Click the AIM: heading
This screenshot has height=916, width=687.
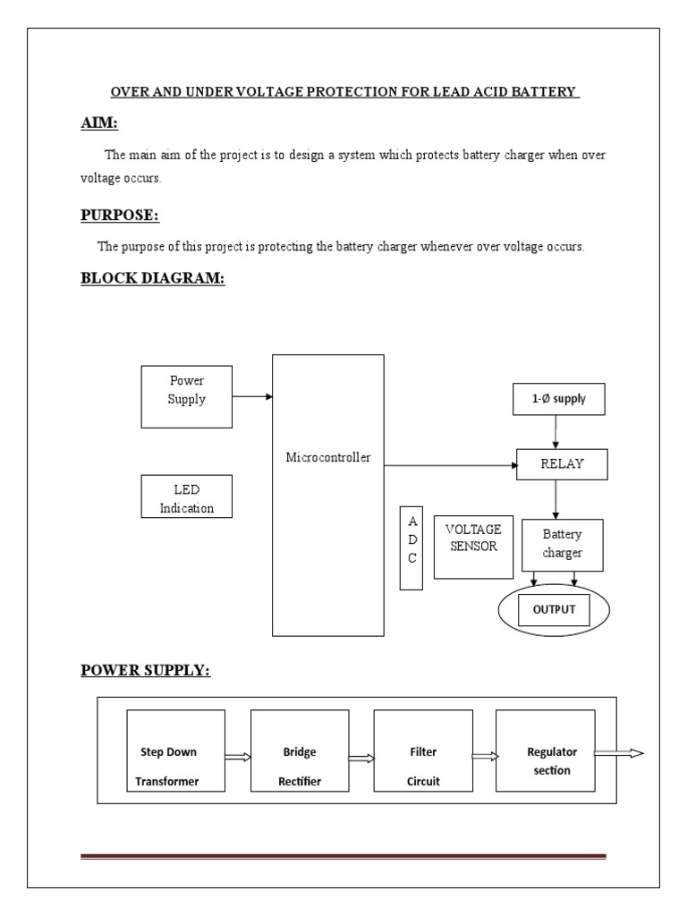[x=99, y=123]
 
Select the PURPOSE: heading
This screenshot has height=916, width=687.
[x=120, y=215]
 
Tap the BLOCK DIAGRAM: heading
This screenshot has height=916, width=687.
[x=153, y=277]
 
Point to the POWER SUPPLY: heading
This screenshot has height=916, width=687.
[x=146, y=670]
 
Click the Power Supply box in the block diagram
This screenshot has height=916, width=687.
[x=186, y=395]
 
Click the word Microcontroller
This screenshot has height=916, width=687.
[x=327, y=458]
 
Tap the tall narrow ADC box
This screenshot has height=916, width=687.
[x=411, y=547]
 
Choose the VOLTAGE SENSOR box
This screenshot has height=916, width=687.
[x=473, y=546]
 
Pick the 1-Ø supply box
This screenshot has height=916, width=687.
[x=557, y=399]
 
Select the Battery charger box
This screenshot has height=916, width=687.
[x=562, y=545]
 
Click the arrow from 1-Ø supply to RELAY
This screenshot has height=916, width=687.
[x=556, y=432]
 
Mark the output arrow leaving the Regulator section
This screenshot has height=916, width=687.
[x=619, y=753]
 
